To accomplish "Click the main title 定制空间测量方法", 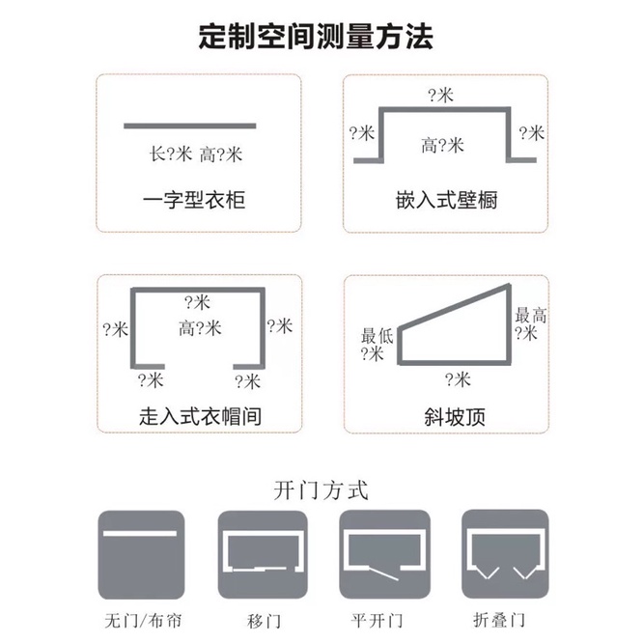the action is click(x=316, y=37).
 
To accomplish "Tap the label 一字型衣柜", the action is click(x=194, y=200).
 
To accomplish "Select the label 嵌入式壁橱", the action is click(x=447, y=200).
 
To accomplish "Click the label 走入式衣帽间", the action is click(x=200, y=416).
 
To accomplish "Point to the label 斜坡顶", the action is click(x=455, y=417).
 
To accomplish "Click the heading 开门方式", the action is click(x=321, y=490).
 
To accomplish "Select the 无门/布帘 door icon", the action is click(x=141, y=554).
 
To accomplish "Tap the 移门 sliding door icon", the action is click(x=263, y=554).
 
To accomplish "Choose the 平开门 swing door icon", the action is click(x=384, y=554).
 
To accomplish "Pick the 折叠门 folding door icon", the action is click(x=505, y=554).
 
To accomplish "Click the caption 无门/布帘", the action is click(x=143, y=621).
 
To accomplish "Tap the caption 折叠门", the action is click(x=499, y=620).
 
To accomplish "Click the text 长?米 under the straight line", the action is click(x=171, y=154).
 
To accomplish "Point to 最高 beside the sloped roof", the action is click(x=531, y=316).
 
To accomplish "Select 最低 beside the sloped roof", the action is click(x=377, y=336).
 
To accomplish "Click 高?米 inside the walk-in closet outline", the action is click(x=200, y=328).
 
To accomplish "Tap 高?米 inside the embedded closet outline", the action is click(x=442, y=146).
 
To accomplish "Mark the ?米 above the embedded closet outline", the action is click(x=441, y=96).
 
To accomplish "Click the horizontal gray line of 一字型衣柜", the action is click(x=190, y=126).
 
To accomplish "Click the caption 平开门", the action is click(x=377, y=621).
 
